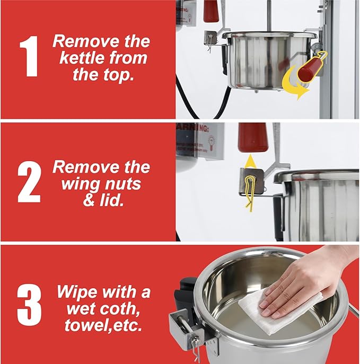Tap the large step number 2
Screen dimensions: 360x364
coord(29,182)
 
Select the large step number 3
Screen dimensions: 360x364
coord(29,305)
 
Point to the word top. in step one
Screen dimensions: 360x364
coord(118,75)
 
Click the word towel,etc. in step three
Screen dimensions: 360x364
coord(103,325)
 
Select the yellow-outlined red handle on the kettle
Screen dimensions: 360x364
coord(311,67)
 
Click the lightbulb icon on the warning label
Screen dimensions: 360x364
coord(211,141)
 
